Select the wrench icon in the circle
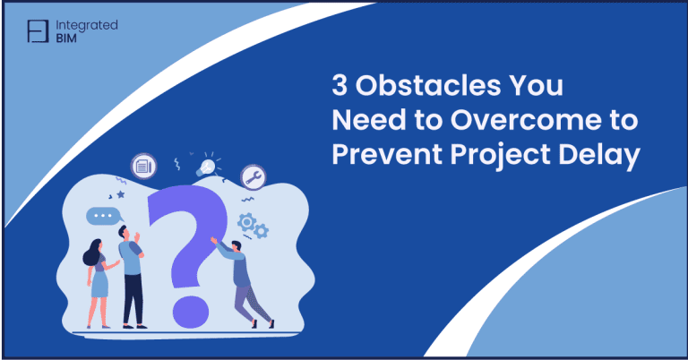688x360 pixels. pos(254,176)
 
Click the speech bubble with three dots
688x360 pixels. pos(102,216)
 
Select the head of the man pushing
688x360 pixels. pos(234,245)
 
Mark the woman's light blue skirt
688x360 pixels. pos(99,286)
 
